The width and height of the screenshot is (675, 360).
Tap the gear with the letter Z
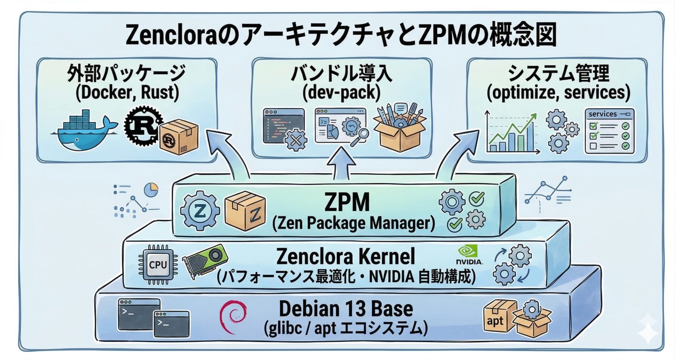(200, 211)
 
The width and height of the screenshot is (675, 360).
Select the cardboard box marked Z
(245, 211)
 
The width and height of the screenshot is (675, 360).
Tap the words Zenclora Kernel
(346, 256)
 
